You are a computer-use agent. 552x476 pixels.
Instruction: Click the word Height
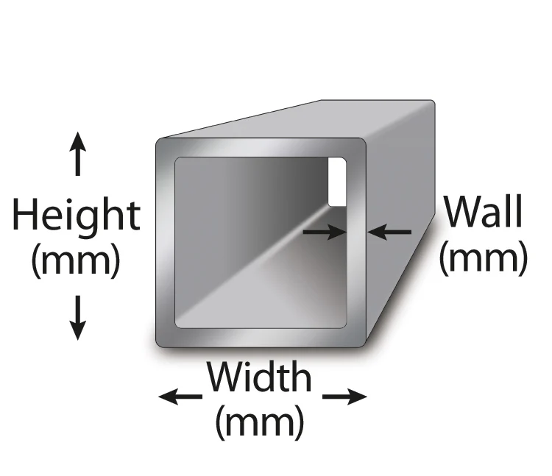tap(76, 216)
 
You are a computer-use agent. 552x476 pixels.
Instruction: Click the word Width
tap(259, 378)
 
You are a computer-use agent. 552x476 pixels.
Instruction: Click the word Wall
tap(484, 213)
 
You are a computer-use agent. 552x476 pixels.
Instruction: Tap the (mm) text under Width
tap(259, 422)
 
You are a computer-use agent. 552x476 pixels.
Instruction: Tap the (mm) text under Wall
tap(484, 257)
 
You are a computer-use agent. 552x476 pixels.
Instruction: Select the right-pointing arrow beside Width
tap(344, 397)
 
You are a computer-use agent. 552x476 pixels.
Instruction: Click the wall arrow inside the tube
tap(325, 232)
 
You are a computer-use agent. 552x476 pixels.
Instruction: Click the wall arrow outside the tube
tap(390, 232)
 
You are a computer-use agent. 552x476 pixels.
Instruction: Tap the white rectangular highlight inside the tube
tap(336, 181)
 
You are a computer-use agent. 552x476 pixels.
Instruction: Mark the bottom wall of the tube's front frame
tap(261, 336)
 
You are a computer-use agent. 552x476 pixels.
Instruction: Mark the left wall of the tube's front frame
tap(165, 243)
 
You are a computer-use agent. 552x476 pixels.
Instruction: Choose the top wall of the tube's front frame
tap(261, 147)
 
